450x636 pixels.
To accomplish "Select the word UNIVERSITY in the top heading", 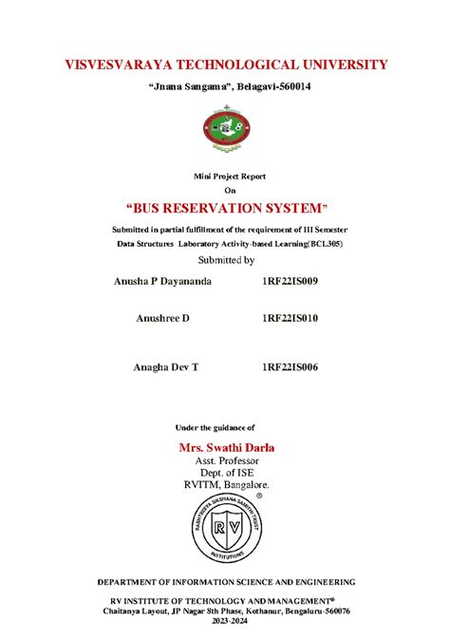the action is tap(338, 65).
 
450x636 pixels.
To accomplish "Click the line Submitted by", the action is tap(225, 259).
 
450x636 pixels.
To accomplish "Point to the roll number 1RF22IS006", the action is tap(290, 365).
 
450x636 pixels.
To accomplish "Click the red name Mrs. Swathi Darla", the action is tap(226, 446).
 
